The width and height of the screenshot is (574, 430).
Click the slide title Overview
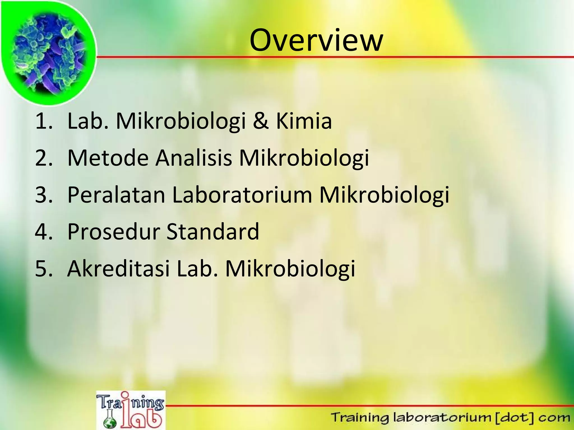(x=316, y=40)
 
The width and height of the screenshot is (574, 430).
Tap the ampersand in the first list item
(x=260, y=121)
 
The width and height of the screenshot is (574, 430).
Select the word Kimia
(x=304, y=121)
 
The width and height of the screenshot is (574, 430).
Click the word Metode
(x=108, y=158)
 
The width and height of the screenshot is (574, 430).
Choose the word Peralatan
(x=116, y=195)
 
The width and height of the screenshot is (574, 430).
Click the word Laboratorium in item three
(x=242, y=195)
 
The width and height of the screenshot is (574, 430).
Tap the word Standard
(x=213, y=232)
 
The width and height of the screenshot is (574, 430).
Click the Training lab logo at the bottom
(x=131, y=410)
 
